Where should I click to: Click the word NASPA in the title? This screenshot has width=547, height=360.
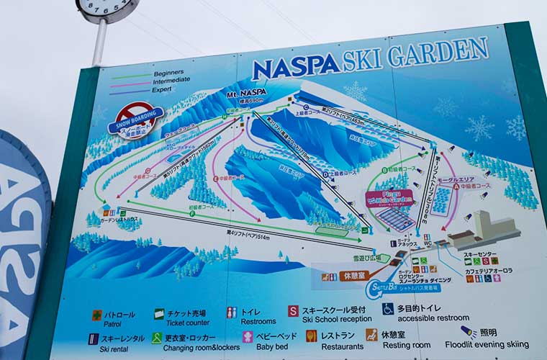[x=295, y=66]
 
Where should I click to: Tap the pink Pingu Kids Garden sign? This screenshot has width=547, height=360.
[x=389, y=198]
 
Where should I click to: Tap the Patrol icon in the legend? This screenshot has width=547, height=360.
[x=96, y=315]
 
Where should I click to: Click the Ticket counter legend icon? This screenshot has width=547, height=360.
[x=159, y=314]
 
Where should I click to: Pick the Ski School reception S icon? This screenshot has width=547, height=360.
[x=293, y=311]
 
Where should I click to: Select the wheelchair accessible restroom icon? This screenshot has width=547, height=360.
[x=388, y=309]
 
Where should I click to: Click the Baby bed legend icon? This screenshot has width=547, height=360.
[x=248, y=336]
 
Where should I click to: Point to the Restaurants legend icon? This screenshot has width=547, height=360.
[x=311, y=336]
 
